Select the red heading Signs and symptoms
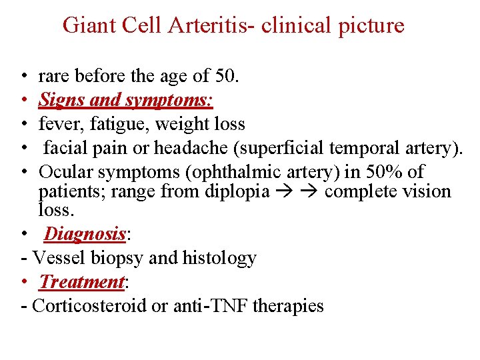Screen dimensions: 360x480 [x=125, y=100]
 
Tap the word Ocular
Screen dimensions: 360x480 [x=66, y=172]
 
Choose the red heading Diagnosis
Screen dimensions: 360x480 [x=85, y=234]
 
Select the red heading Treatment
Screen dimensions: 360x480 [x=82, y=282]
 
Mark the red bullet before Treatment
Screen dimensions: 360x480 [x=24, y=283]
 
